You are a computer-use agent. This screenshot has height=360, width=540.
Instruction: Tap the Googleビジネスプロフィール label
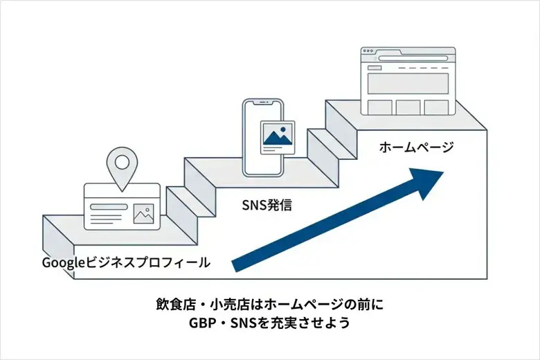point(126,262)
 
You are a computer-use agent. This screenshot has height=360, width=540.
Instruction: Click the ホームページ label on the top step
point(416,147)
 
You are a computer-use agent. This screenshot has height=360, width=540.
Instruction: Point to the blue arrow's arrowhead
point(429,182)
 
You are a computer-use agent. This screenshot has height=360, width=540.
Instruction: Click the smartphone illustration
point(263,137)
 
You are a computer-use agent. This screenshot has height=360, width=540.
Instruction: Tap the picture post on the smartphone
point(277,137)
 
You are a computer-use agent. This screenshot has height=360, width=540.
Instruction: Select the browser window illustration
point(408,82)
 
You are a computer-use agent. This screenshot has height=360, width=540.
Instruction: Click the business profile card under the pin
point(121,206)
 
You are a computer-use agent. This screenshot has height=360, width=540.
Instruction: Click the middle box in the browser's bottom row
point(408,107)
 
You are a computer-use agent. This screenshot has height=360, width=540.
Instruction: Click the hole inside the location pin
point(122,163)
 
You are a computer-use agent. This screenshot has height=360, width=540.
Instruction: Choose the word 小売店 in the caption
point(224,305)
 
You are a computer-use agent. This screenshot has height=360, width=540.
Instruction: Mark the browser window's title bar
point(408,53)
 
